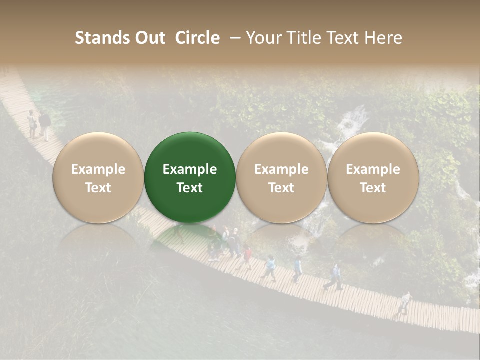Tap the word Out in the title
point(150,38)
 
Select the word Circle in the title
point(197,38)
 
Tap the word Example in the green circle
point(190,169)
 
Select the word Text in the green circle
point(190,188)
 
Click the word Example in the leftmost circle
point(98,169)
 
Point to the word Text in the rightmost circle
point(373,188)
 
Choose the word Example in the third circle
point(281,169)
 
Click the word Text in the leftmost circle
point(98,188)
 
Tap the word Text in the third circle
point(281,188)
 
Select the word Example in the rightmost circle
point(373,169)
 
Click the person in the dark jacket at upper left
point(45,125)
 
